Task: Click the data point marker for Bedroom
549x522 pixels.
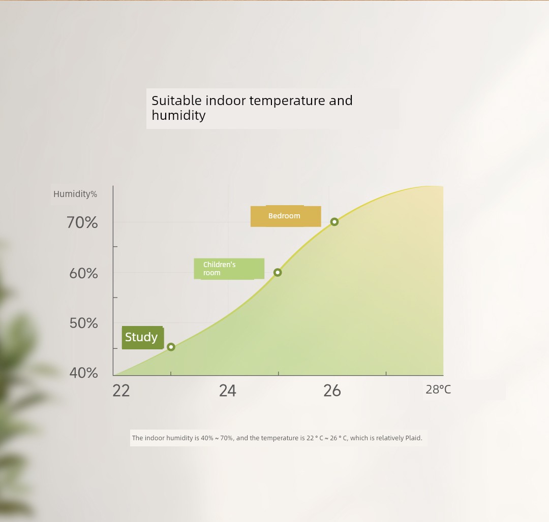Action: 334,222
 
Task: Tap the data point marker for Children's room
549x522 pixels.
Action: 278,272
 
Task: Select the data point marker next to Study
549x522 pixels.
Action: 171,347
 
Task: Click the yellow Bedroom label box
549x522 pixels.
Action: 286,216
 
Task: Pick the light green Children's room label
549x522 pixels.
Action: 229,269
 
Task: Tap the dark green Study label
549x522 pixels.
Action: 142,337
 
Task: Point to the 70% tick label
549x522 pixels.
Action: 82,222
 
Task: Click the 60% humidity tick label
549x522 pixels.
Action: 83,273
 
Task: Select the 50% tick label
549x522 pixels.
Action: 83,323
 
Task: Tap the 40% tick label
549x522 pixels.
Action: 83,373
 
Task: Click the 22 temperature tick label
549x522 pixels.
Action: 121,390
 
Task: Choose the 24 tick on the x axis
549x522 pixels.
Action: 228,390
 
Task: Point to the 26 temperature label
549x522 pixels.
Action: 332,390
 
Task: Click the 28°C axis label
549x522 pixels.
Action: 438,389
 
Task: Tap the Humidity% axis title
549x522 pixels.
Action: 75,194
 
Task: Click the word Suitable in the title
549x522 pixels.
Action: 176,101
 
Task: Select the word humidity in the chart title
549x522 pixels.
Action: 178,115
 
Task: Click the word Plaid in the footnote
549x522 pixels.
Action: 414,438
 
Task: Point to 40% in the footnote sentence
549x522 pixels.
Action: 207,438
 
